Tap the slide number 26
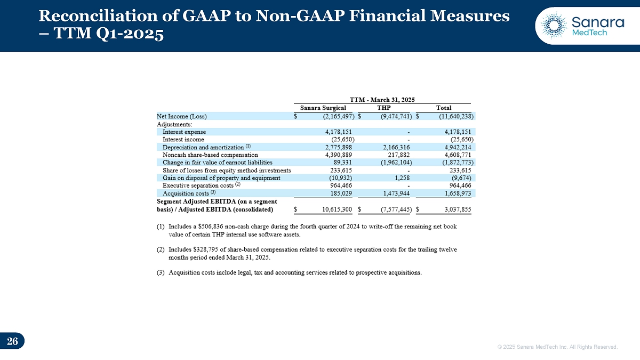pyautogui.click(x=12, y=341)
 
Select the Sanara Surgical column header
pyautogui.click(x=323, y=108)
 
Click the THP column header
pyautogui.click(x=384, y=108)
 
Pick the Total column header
pyautogui.click(x=444, y=108)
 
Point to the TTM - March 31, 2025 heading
pyautogui.click(x=382, y=99)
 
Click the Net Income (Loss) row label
pyautogui.click(x=181, y=116)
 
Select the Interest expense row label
pyautogui.click(x=184, y=132)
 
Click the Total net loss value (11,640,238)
pyautogui.click(x=453, y=116)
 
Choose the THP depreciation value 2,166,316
pyautogui.click(x=396, y=147)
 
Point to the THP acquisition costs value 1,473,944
pyautogui.click(x=396, y=193)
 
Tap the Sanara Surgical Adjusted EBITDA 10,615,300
pyautogui.click(x=337, y=209)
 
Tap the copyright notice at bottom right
pyautogui.click(x=557, y=347)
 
